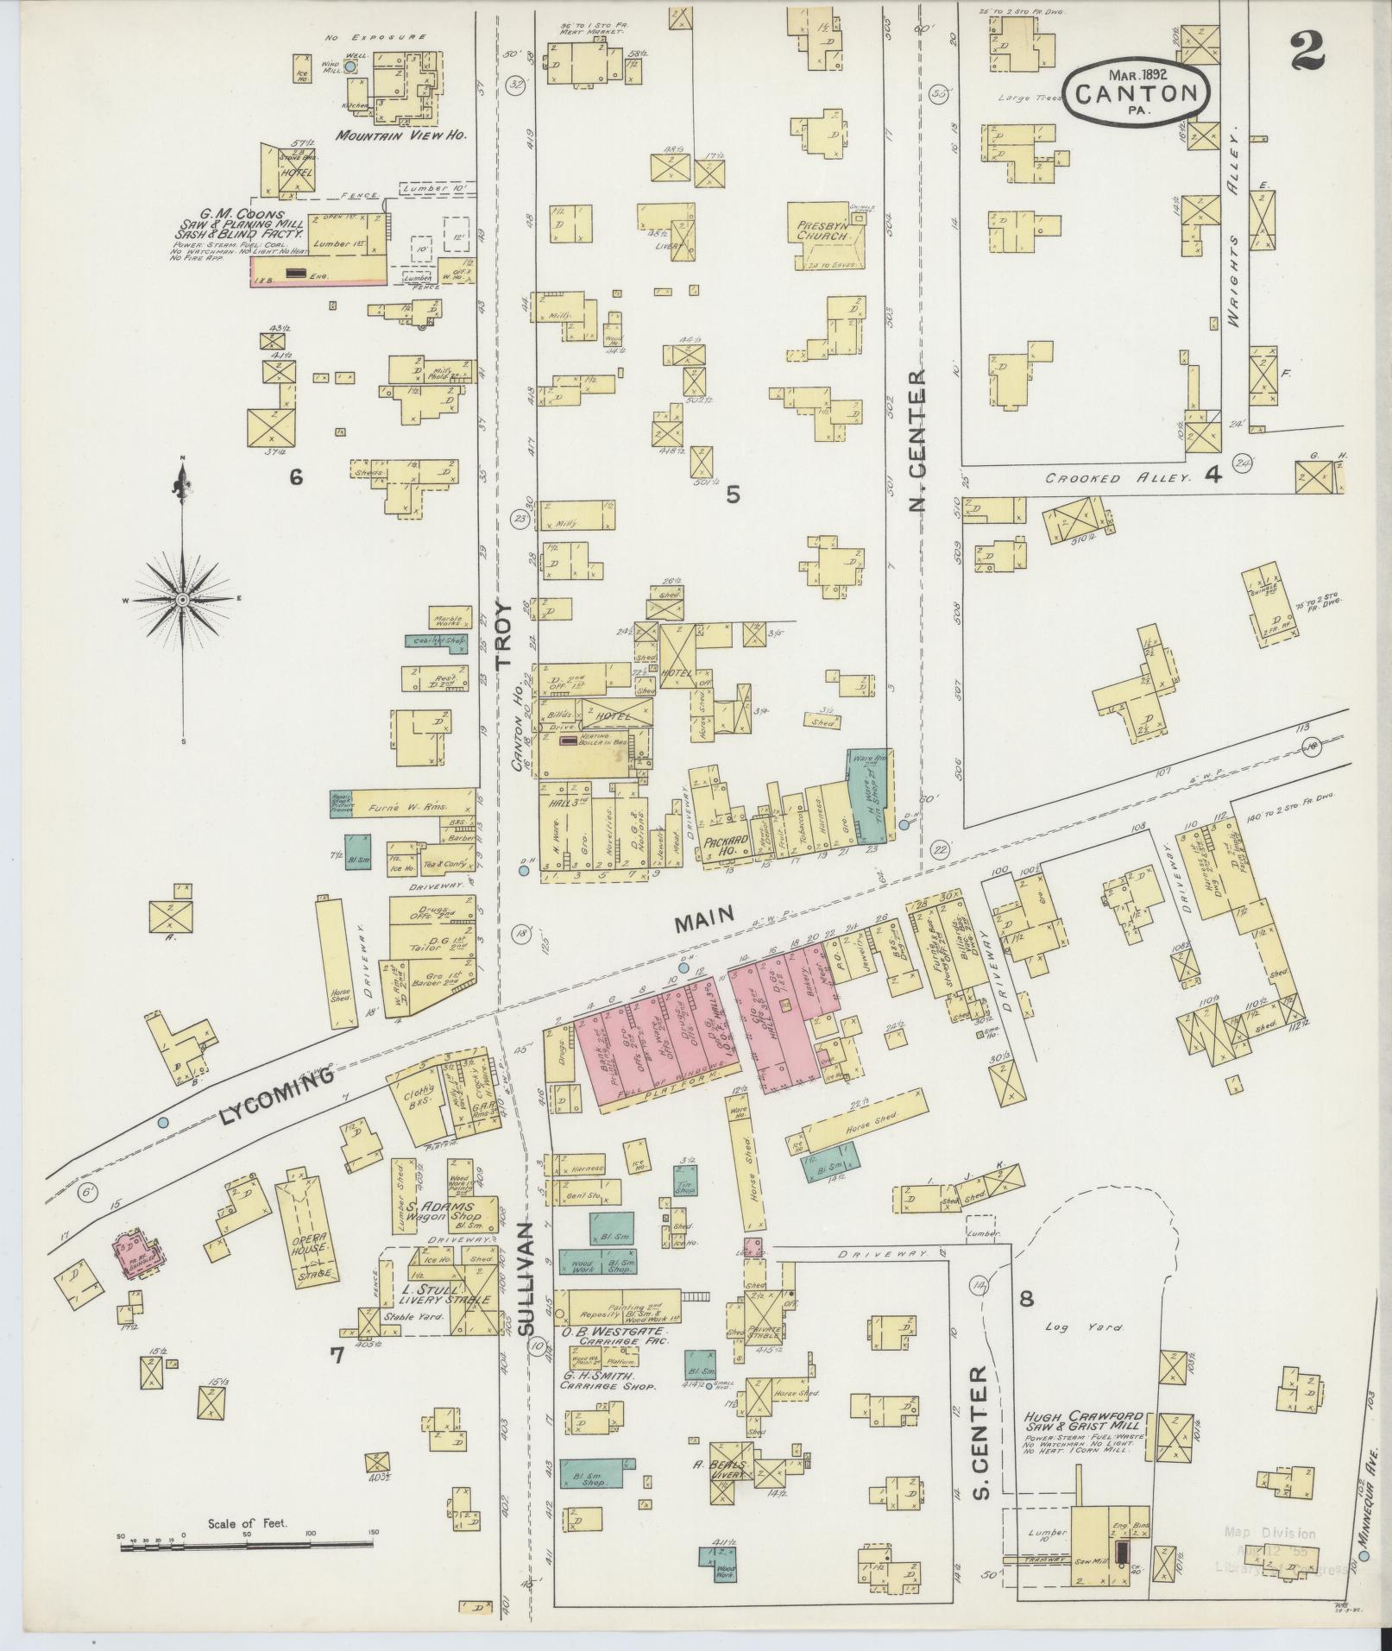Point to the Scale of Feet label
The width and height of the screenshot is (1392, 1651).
click(x=247, y=1523)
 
